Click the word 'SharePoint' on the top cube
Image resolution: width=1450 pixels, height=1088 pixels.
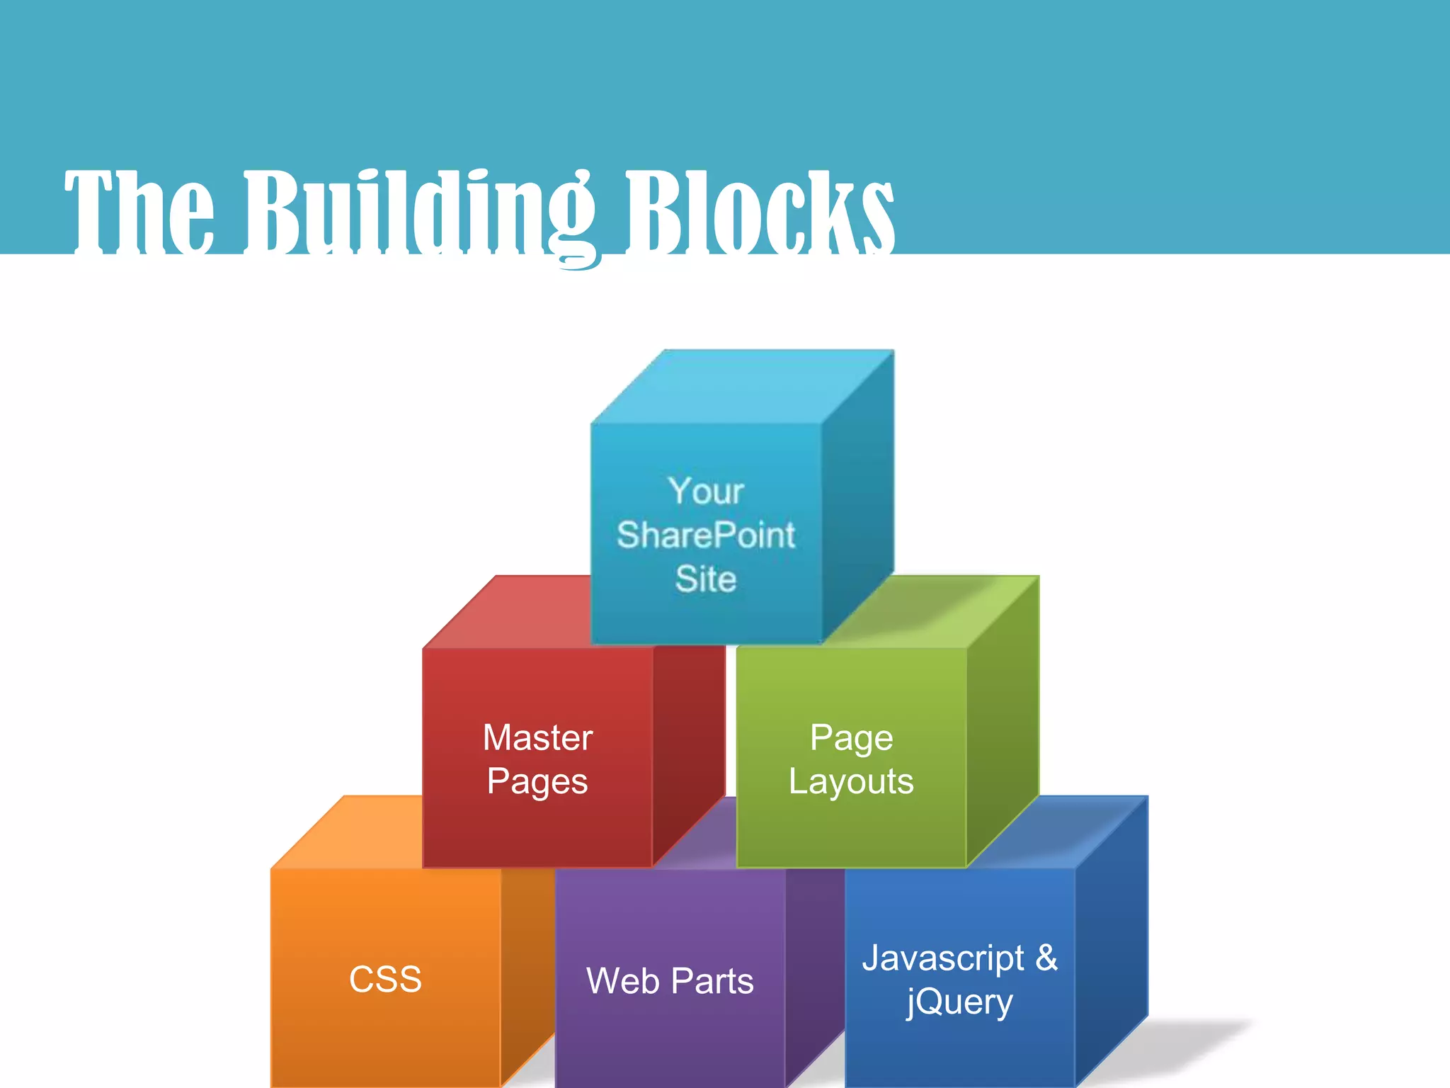[705, 535]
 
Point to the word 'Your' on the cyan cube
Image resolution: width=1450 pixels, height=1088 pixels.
[705, 491]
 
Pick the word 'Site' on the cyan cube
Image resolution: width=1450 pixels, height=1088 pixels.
[705, 579]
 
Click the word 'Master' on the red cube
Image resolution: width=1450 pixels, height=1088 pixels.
[537, 737]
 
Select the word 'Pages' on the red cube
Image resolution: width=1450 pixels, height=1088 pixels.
[537, 782]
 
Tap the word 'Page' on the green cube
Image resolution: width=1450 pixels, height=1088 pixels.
[851, 738]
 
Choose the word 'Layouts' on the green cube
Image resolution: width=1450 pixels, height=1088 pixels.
[851, 782]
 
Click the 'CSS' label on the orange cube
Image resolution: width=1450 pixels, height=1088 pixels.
[385, 980]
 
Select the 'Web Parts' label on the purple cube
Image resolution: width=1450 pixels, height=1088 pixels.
[670, 981]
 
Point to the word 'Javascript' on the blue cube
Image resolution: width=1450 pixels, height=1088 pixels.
[943, 958]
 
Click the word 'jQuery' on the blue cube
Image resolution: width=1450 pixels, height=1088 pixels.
[959, 1002]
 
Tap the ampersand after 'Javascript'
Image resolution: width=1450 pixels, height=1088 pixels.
[1046, 958]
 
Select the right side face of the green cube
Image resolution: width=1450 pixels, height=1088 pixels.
[1003, 722]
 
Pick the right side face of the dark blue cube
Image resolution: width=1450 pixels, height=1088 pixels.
[1112, 942]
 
